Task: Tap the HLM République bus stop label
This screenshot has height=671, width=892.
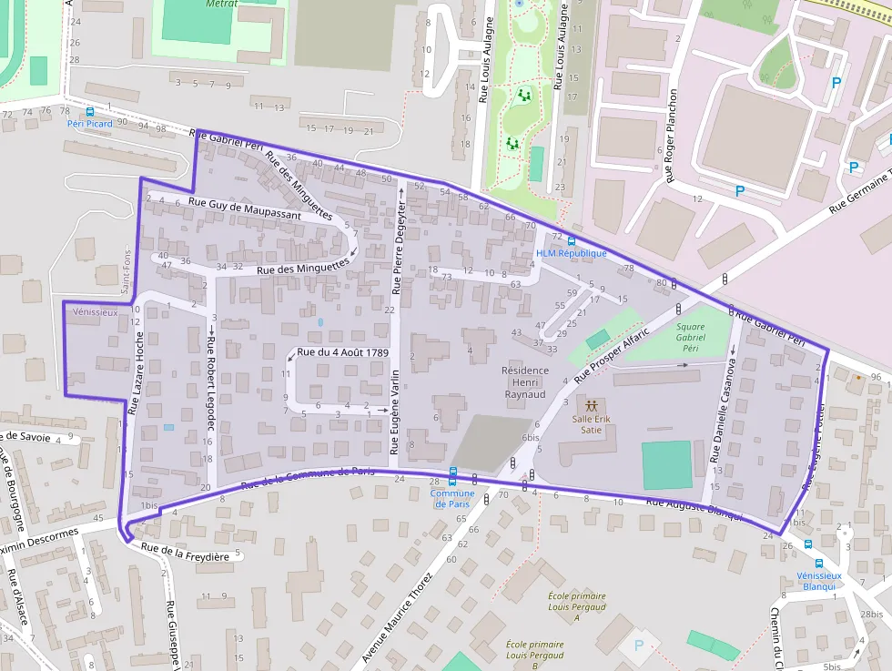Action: [x=571, y=253]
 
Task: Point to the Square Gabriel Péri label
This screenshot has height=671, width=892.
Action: [x=691, y=337]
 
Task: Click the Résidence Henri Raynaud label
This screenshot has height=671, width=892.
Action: [x=524, y=382]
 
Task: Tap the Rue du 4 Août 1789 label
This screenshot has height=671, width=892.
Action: [x=342, y=352]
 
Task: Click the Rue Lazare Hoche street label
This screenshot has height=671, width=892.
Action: [x=137, y=373]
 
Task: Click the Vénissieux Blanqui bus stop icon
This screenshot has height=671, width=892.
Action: [x=819, y=564]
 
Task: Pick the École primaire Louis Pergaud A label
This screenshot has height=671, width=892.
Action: [x=563, y=606]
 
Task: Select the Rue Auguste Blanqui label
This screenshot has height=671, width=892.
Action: [x=694, y=507]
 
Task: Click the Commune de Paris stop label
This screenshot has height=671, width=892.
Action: [x=451, y=499]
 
